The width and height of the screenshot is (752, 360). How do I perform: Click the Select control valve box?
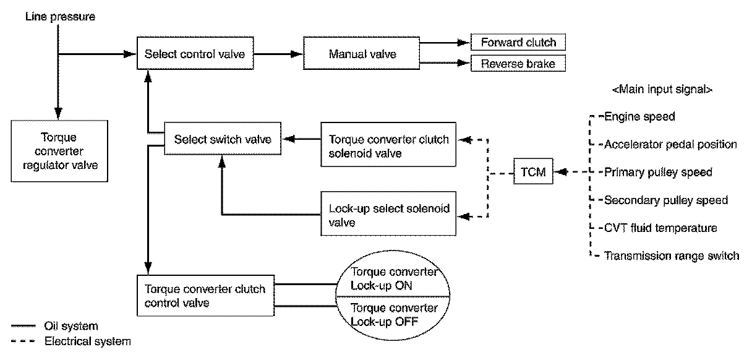pyautogui.click(x=195, y=54)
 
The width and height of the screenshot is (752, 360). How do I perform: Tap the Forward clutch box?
pyautogui.click(x=518, y=43)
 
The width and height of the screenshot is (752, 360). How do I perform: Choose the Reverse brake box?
pyautogui.click(x=518, y=64)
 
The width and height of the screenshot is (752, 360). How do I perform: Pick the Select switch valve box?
pyautogui.click(x=223, y=140)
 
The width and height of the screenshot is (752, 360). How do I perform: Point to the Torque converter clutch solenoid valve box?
pyautogui.click(x=389, y=146)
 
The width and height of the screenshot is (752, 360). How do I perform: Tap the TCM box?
pyautogui.click(x=533, y=173)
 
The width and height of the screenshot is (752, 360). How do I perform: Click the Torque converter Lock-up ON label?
pyautogui.click(x=395, y=280)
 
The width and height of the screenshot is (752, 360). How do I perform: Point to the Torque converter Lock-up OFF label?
pyautogui.click(x=395, y=314)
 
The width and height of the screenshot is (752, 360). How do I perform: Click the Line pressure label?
pyautogui.click(x=60, y=17)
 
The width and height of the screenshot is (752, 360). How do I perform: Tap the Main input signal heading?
pyautogui.click(x=662, y=90)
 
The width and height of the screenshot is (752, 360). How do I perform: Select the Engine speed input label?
pyautogui.click(x=639, y=116)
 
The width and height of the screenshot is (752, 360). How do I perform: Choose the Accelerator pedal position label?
pyautogui.click(x=670, y=145)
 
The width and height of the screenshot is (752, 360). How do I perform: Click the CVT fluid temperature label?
pyautogui.click(x=660, y=228)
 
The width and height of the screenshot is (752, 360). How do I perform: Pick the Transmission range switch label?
pyautogui.click(x=671, y=256)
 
